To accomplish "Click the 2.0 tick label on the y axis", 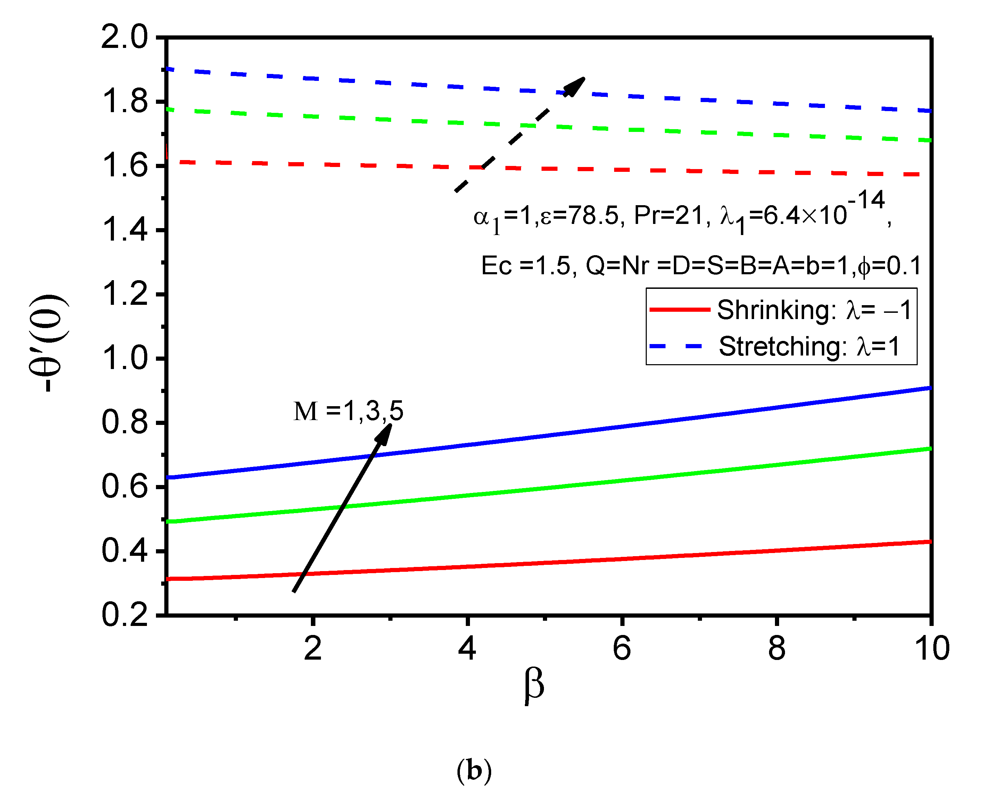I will click(x=124, y=37).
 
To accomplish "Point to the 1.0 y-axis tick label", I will click(x=124, y=359).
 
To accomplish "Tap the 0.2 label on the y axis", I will click(x=124, y=615).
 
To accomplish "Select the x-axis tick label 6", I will click(x=621, y=649).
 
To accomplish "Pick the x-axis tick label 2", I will click(x=313, y=649).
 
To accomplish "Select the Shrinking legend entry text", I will click(x=813, y=310).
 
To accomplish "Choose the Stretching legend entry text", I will click(x=809, y=346).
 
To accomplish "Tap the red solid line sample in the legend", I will click(x=679, y=309).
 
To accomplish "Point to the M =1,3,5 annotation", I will click(x=348, y=411).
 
